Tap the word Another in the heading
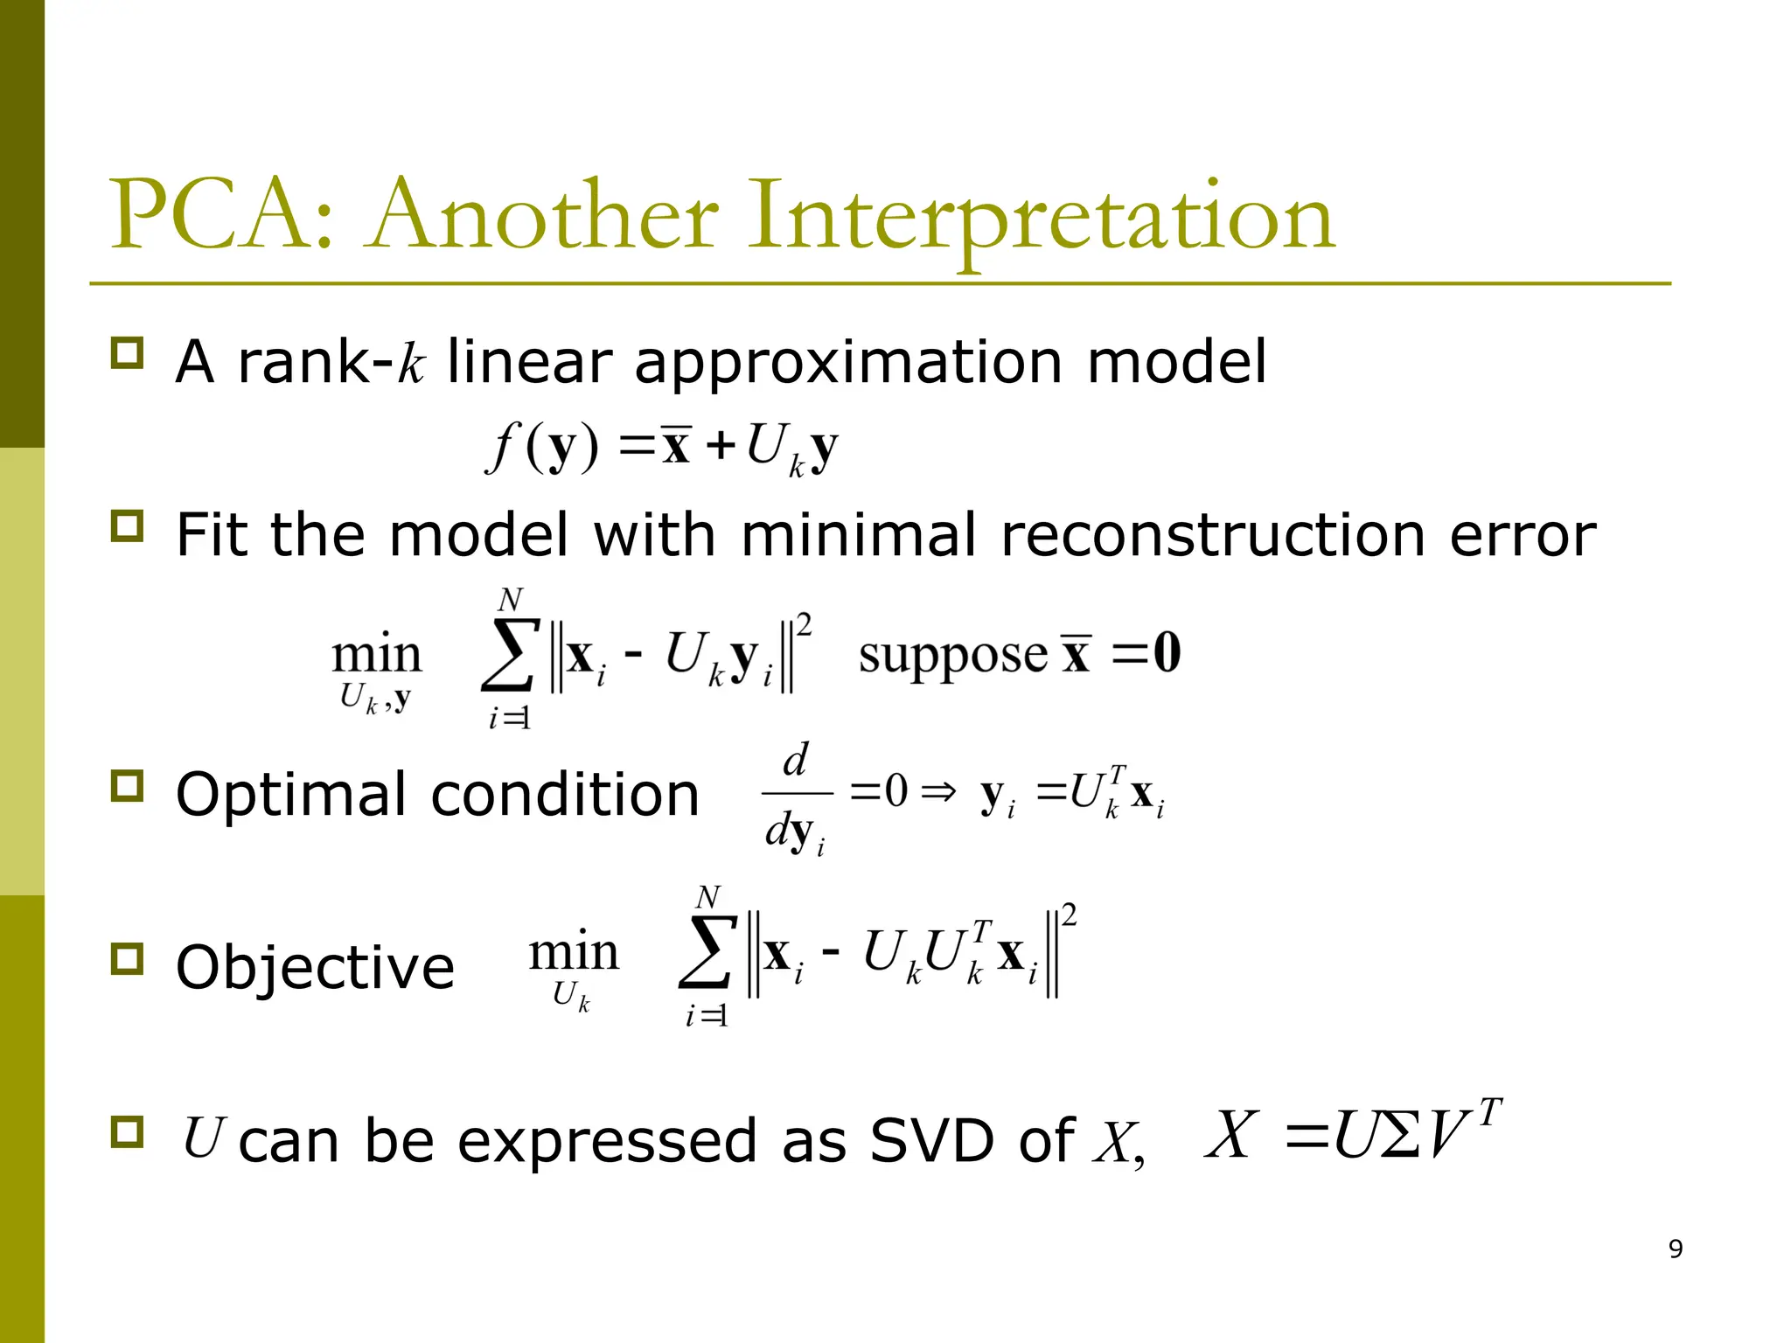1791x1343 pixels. tap(542, 215)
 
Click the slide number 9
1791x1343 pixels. tap(1675, 1249)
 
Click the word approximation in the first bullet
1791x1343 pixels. tap(848, 364)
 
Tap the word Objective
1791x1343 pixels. tap(315, 969)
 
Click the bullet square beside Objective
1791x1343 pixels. tap(128, 959)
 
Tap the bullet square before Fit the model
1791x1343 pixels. tap(128, 526)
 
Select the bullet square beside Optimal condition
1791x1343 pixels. tap(128, 786)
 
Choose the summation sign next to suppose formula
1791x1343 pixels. tap(508, 657)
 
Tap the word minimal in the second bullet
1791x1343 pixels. tap(858, 535)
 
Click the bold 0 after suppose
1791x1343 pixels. tap(1167, 653)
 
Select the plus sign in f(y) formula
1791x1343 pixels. tap(721, 447)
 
